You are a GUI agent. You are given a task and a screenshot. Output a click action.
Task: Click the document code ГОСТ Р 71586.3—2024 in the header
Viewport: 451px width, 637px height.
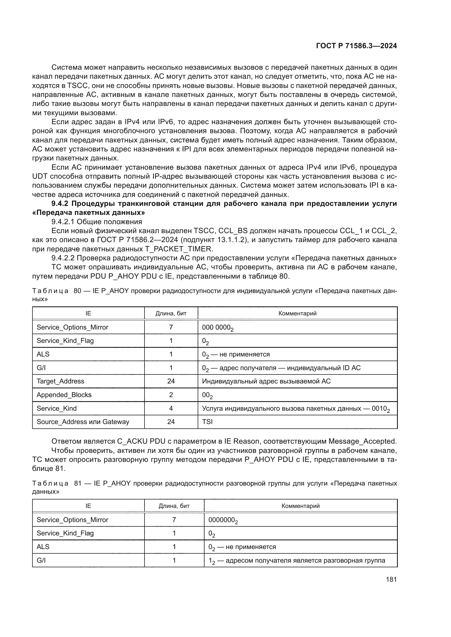[x=356, y=46]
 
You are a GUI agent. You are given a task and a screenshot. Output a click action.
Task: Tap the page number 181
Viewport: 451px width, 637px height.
[x=391, y=579]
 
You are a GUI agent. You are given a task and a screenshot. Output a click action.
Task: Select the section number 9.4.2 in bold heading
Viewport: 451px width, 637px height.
[x=60, y=204]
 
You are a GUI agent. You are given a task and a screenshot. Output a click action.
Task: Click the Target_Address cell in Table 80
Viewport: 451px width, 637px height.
[x=60, y=381]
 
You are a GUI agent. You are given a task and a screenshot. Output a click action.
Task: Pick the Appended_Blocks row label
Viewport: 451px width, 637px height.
[x=64, y=395]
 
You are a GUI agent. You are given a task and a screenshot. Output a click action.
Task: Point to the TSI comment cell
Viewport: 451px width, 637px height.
[x=207, y=422]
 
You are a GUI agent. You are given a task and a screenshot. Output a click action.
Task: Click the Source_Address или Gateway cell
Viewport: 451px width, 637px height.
[x=83, y=422]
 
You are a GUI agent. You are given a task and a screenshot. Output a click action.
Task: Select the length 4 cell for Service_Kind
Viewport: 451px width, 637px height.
[x=171, y=409]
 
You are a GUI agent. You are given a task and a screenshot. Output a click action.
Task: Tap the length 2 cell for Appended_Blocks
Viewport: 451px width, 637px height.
[x=171, y=395]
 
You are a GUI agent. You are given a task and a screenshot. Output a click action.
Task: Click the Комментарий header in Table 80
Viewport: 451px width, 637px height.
[x=297, y=313]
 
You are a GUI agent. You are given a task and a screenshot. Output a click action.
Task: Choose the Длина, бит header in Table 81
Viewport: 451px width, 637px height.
[x=174, y=506]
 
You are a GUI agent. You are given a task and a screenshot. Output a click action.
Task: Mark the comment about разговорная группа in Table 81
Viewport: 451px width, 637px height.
[x=297, y=560]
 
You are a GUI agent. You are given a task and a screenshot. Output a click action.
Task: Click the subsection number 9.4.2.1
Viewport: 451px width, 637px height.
[x=63, y=222]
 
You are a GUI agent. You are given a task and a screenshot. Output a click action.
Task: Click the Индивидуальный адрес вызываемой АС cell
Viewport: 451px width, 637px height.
[x=266, y=381]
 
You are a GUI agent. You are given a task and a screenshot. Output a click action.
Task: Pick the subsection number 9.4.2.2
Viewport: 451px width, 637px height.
[x=63, y=258]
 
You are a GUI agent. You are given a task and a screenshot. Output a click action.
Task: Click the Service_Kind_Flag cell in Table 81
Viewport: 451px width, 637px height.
[x=65, y=533]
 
